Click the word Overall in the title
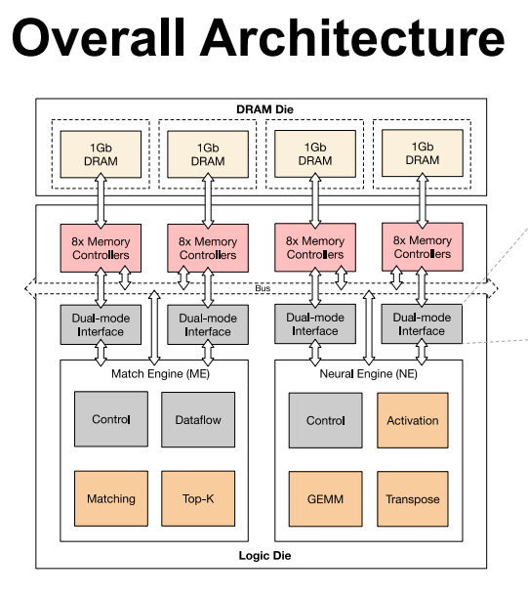click(99, 37)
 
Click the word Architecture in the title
click(352, 37)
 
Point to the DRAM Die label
click(264, 109)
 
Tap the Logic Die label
click(264, 556)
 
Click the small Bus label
click(263, 288)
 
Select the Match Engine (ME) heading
click(160, 374)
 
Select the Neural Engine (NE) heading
click(368, 374)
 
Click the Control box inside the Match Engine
click(111, 419)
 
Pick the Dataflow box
click(198, 419)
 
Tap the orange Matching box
click(111, 498)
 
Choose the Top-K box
click(198, 498)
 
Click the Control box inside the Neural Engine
click(326, 420)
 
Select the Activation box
click(413, 420)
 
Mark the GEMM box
click(326, 499)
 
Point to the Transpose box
click(413, 499)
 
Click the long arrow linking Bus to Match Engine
click(154, 327)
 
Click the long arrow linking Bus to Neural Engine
click(369, 327)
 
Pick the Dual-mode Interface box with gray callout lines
click(422, 323)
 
